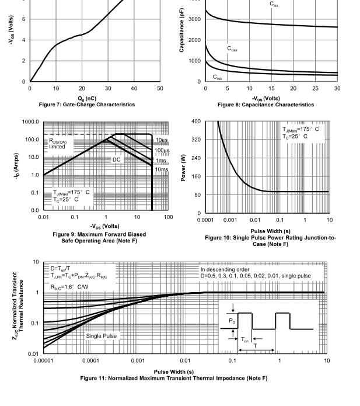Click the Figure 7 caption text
pyautogui.click(x=87, y=105)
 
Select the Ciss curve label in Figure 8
pyautogui.click(x=274, y=4)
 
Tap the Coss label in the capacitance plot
pyautogui.click(x=232, y=48)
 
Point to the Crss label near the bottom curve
pyautogui.click(x=217, y=77)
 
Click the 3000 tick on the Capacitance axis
pyautogui.click(x=194, y=19)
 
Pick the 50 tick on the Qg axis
pyautogui.click(x=160, y=89)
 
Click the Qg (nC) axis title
pyautogui.click(x=87, y=99)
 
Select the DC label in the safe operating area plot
pyautogui.click(x=116, y=159)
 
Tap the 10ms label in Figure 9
pyautogui.click(x=162, y=169)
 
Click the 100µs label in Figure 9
pyautogui.click(x=162, y=151)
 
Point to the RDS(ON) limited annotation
pyautogui.click(x=58, y=144)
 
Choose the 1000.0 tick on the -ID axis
pyautogui.click(x=30, y=122)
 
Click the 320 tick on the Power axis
pyautogui.click(x=196, y=140)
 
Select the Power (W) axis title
pyautogui.click(x=183, y=168)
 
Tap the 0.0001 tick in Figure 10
pyautogui.click(x=205, y=220)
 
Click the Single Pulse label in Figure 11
pyautogui.click(x=101, y=336)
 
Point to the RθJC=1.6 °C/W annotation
pyautogui.click(x=69, y=287)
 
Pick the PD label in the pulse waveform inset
pyautogui.click(x=232, y=321)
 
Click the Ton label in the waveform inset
pyautogui.click(x=244, y=339)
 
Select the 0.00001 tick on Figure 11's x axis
pyautogui.click(x=43, y=360)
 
